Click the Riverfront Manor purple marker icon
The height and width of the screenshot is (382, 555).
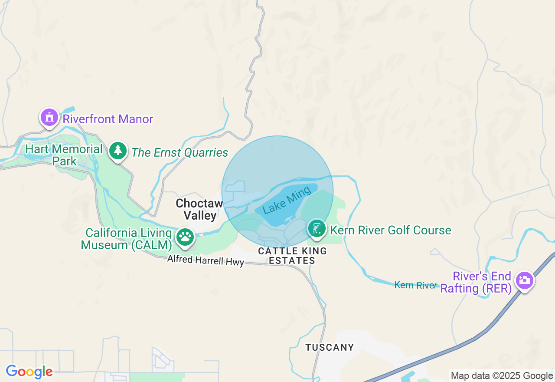click(x=49, y=117)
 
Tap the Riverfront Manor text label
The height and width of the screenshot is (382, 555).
click(x=108, y=119)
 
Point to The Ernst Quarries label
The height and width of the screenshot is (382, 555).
click(x=180, y=153)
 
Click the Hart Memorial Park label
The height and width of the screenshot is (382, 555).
click(x=64, y=155)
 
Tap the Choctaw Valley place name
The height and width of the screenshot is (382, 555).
click(x=199, y=209)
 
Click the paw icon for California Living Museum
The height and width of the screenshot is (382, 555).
click(x=185, y=237)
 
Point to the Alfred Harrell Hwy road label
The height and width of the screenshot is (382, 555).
click(x=206, y=260)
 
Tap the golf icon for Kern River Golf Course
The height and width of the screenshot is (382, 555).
click(x=317, y=228)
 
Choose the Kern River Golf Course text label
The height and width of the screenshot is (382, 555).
click(x=391, y=230)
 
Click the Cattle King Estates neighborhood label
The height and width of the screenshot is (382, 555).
click(x=292, y=256)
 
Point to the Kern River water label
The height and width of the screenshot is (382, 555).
click(x=416, y=285)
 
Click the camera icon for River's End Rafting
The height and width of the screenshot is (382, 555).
click(x=524, y=280)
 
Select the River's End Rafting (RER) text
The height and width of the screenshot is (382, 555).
click(x=476, y=282)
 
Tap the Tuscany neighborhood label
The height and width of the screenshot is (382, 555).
click(x=330, y=347)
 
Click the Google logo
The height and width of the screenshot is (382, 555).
click(x=29, y=372)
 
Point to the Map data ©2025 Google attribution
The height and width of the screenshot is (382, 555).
click(x=502, y=376)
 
